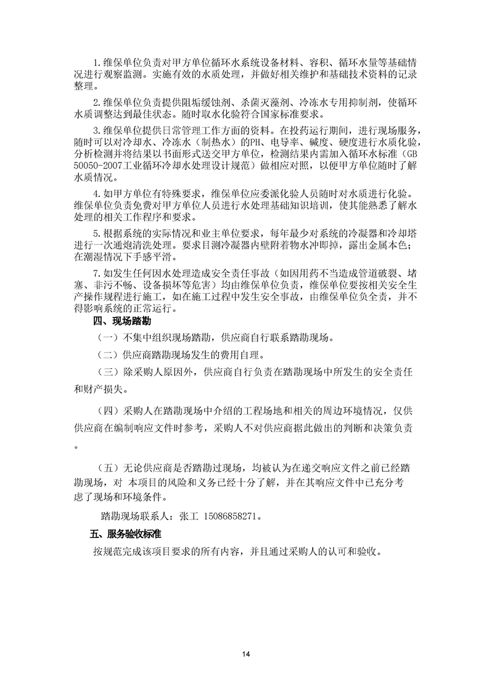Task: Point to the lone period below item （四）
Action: click(x=76, y=446)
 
